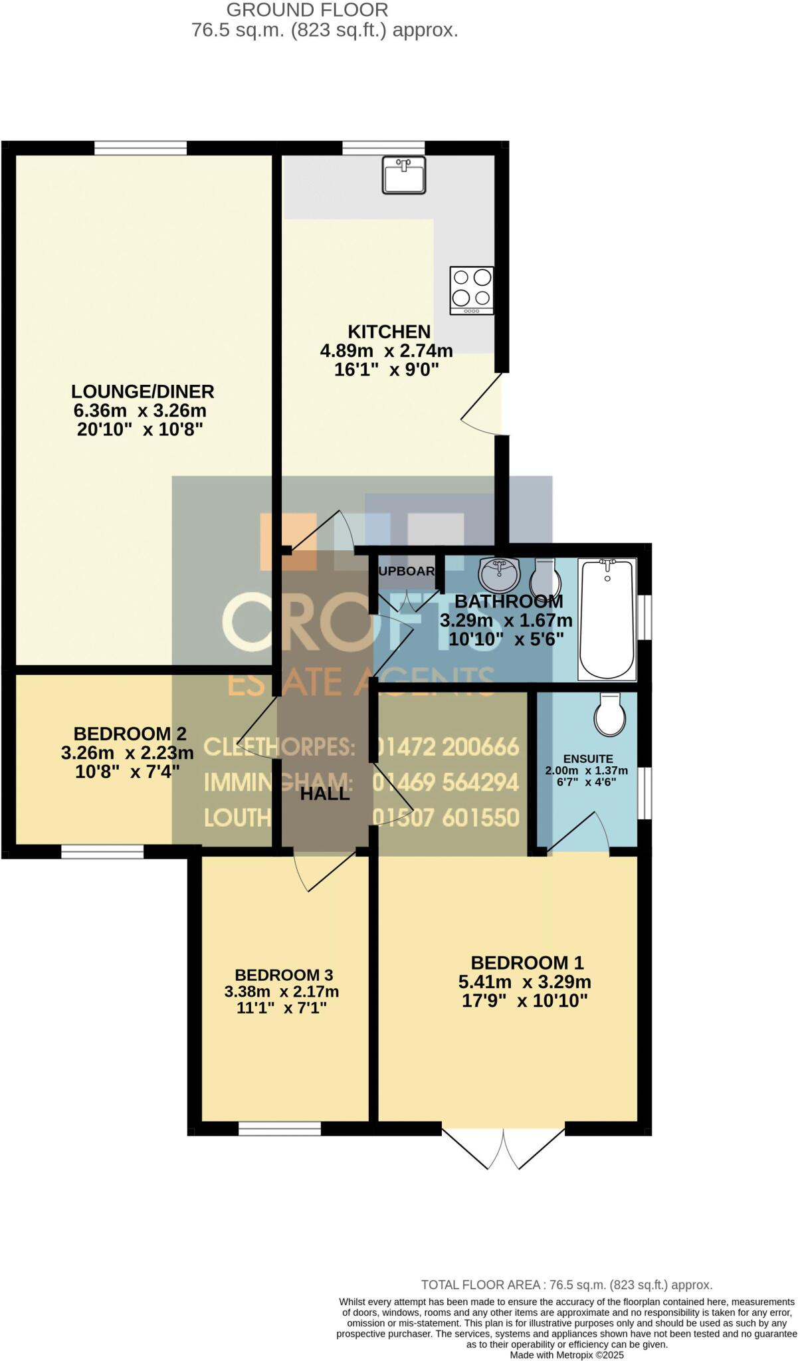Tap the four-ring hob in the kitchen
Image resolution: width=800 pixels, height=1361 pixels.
click(471, 290)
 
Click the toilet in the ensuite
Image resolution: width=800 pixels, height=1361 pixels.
click(609, 716)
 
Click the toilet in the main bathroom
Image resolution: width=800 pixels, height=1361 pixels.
click(546, 578)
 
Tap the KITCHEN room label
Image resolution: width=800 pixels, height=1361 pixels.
click(389, 332)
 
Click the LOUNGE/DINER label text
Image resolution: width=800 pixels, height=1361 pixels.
click(143, 391)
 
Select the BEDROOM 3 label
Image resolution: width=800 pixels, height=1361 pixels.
click(284, 975)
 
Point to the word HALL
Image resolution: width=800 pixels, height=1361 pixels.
click(324, 793)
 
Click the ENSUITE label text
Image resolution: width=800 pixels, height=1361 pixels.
click(588, 759)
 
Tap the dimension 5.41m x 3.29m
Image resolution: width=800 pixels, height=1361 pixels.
click(524, 982)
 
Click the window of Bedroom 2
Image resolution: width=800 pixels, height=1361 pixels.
click(102, 851)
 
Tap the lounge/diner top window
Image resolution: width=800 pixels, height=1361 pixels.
click(140, 148)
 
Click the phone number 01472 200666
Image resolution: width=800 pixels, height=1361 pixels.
click(446, 747)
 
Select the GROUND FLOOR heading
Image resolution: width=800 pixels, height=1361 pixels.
click(308, 10)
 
